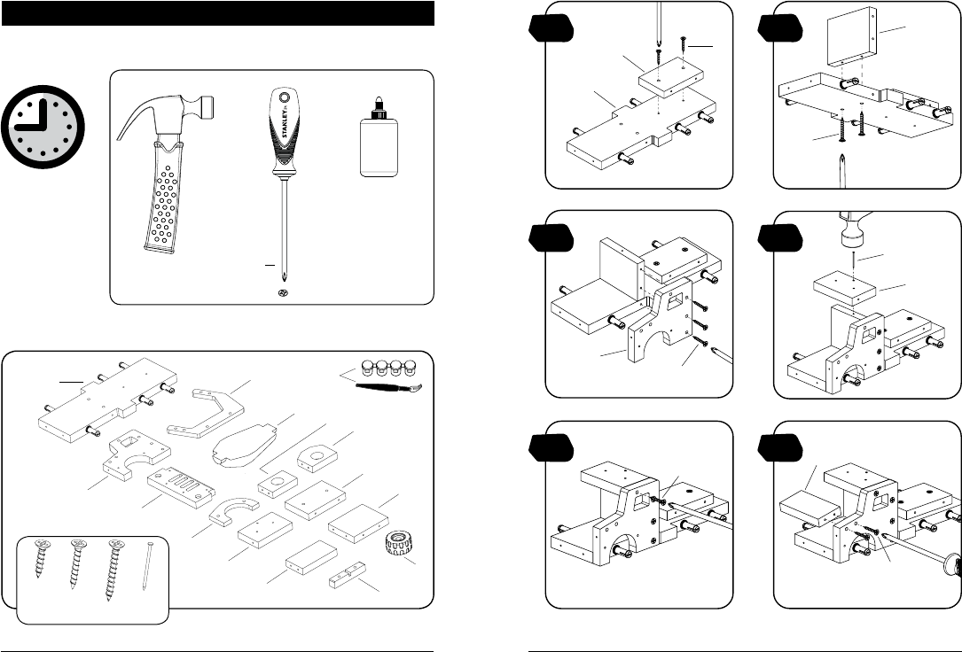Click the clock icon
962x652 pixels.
[43, 127]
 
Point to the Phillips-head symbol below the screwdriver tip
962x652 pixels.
[284, 292]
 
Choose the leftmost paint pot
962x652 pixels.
[367, 367]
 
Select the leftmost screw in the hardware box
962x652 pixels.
[42, 558]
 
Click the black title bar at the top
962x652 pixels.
[218, 13]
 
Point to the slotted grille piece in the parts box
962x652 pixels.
[181, 488]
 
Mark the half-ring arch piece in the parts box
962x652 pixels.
[234, 510]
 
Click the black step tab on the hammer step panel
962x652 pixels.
[779, 237]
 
